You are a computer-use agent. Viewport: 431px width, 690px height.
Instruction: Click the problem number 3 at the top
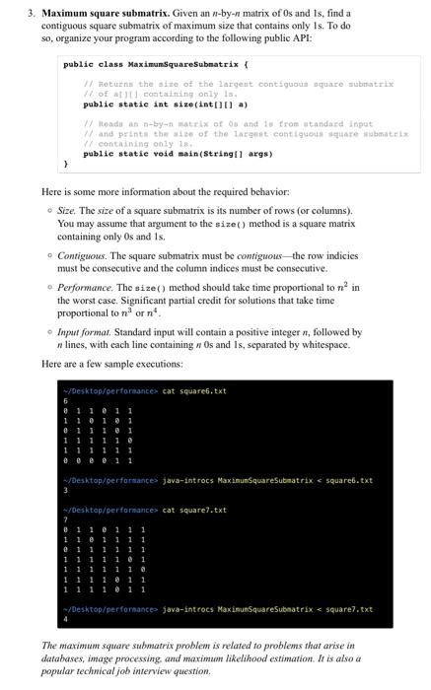(x=31, y=12)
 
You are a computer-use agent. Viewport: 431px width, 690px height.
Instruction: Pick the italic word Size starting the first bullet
(x=67, y=210)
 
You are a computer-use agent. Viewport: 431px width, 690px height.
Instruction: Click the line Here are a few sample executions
(x=114, y=365)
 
